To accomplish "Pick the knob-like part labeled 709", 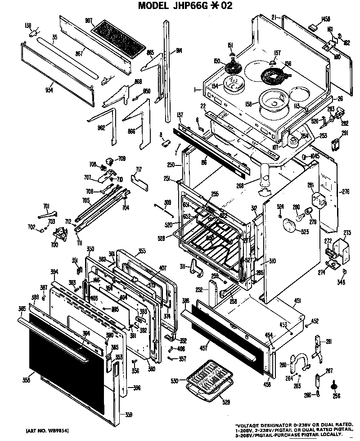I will point(109,160).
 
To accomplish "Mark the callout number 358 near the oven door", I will point(26,380).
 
